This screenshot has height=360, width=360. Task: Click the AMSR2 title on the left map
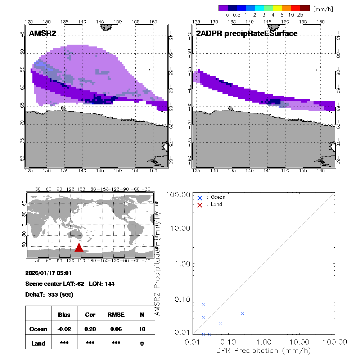tap(42, 33)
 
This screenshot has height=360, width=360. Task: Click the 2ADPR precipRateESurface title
tap(247, 33)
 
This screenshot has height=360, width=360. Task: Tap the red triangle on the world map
tap(79, 247)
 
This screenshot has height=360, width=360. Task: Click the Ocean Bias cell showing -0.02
tap(64, 329)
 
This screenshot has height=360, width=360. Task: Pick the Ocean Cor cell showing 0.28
tap(90, 329)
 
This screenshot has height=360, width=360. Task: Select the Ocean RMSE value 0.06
tap(116, 329)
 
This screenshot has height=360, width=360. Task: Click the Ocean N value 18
tap(142, 329)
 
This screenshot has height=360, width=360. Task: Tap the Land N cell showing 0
tap(142, 343)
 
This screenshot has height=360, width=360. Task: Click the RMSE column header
tap(116, 315)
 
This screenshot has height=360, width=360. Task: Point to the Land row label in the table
tap(38, 343)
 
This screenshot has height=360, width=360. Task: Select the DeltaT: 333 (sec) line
tap(49, 294)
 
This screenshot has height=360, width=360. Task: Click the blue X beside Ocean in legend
tap(200, 198)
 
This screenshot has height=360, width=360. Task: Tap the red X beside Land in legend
tap(200, 204)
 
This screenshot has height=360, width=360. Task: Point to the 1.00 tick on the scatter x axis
tap(264, 341)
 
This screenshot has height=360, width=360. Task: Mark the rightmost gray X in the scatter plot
tap(242, 313)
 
